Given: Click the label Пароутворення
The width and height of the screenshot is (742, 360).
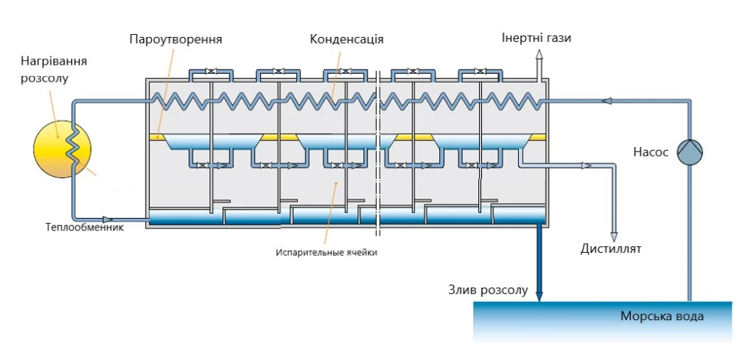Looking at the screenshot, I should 175,38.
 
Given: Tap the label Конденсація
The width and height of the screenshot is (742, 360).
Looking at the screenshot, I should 346,38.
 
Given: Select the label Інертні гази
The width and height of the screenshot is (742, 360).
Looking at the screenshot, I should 536,38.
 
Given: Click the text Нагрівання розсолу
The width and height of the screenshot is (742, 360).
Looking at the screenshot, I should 45,70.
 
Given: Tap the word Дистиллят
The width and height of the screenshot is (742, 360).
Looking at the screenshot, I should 611,250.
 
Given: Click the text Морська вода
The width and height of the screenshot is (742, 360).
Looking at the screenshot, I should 662,317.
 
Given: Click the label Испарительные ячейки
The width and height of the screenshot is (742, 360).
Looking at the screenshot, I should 327,252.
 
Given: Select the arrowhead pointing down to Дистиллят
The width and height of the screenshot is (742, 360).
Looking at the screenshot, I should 614,236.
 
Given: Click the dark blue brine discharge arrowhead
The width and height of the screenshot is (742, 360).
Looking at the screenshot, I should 539,296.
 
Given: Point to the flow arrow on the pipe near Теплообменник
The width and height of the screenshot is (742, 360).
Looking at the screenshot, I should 108,218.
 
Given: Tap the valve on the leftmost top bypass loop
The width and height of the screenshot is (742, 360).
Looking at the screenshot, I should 210,72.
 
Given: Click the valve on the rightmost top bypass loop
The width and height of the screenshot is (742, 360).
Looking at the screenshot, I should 480,72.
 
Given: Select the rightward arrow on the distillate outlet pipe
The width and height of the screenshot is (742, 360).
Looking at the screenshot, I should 586,166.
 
